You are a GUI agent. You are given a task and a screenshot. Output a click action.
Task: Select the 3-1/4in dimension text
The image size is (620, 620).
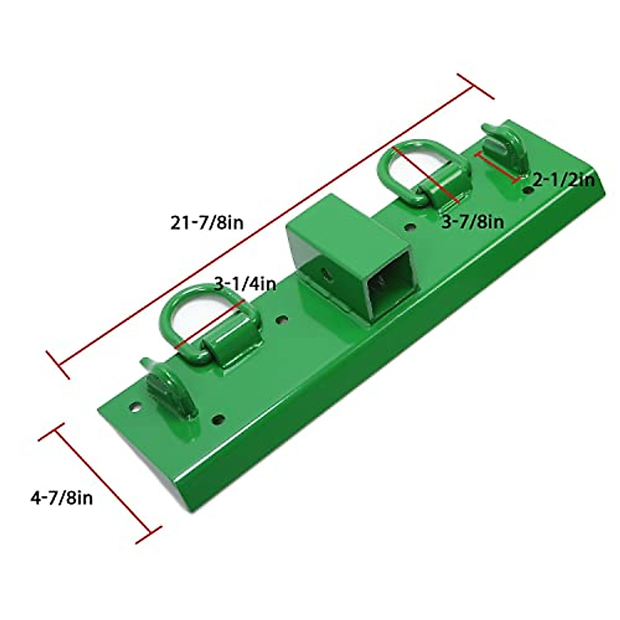pyautogui.click(x=245, y=284)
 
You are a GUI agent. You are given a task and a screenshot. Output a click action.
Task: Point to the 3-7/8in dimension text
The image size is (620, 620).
pyautogui.click(x=473, y=222)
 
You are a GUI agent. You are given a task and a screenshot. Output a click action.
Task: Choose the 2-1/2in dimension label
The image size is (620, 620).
pyautogui.click(x=564, y=180)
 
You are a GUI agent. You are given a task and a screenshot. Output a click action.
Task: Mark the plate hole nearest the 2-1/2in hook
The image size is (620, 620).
pyautogui.click(x=528, y=191)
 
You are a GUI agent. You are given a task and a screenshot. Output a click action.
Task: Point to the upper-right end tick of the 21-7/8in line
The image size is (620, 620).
pyautogui.click(x=476, y=86)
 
